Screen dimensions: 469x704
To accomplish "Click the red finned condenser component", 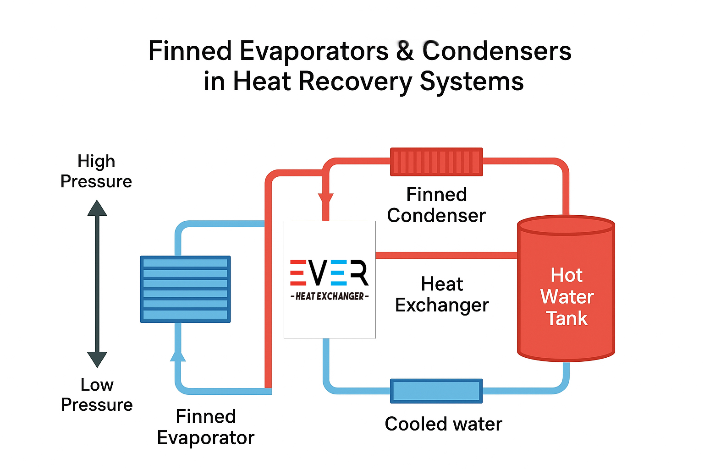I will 436,162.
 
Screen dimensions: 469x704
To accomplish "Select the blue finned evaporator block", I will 185,289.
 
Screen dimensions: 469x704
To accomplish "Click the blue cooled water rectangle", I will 436,391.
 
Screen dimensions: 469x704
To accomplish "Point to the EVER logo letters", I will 329,273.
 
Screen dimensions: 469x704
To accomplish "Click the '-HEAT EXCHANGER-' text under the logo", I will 330,296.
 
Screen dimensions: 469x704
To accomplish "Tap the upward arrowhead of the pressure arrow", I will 97,208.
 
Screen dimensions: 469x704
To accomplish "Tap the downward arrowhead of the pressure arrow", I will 97,359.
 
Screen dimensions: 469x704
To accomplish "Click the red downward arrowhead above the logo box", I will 326,199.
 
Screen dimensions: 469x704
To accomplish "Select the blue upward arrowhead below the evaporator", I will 178,356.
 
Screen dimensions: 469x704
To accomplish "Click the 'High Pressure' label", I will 96,171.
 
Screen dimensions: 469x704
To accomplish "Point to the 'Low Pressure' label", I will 97,395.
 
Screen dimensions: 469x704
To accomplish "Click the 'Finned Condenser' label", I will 436,205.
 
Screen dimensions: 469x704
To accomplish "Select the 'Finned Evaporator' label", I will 206,427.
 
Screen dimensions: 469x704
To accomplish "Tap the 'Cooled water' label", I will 443,424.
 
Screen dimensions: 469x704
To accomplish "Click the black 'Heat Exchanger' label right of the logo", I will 442,294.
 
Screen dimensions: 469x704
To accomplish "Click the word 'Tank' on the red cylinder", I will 567,318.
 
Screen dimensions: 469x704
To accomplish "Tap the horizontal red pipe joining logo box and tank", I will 446,255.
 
